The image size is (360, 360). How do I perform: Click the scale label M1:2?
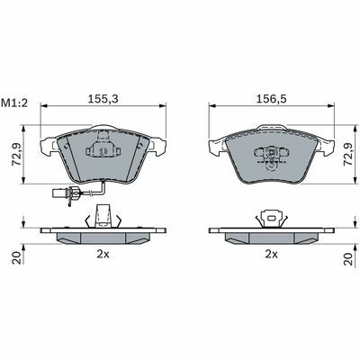point(14,103)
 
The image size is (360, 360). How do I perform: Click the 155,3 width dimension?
point(103,99)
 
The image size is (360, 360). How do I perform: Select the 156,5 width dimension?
point(272,99)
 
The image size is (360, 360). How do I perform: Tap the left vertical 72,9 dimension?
point(16,154)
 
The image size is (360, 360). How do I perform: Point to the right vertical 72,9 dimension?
point(348,154)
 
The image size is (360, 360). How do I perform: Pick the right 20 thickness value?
point(348,258)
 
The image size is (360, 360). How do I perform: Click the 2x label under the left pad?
point(103,255)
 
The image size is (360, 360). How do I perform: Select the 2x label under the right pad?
point(272,255)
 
